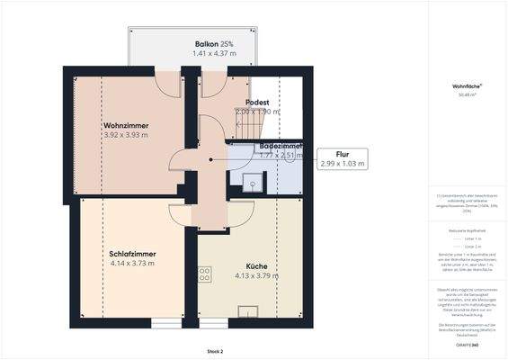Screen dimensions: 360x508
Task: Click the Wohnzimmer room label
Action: (125, 124)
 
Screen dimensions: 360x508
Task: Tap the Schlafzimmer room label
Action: (132, 253)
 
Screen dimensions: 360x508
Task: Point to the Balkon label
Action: (207, 43)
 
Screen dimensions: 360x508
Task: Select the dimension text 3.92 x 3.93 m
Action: (125, 135)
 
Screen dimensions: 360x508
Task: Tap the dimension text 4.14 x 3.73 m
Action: (132, 264)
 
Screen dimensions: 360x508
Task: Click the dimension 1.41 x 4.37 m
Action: (214, 54)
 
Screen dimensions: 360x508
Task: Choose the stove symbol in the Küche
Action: (205, 274)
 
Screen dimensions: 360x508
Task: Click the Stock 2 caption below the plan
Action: (214, 352)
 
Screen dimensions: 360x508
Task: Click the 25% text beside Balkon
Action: (227, 43)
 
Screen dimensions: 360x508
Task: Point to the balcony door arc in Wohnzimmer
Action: (168, 84)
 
